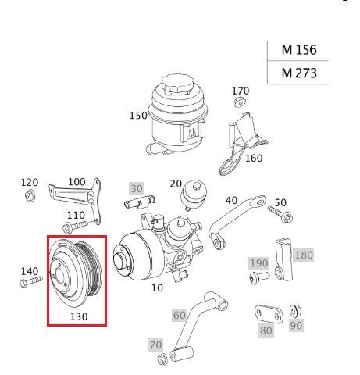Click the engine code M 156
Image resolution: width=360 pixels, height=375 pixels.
pos(299,49)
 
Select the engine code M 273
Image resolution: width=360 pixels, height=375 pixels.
pos(299,73)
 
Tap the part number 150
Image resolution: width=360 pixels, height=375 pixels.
pos(138,116)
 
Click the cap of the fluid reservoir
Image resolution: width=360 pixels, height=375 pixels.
pos(176,84)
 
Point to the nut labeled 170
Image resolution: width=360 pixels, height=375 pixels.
pos(240,102)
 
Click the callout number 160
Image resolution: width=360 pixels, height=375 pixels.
pos(254,158)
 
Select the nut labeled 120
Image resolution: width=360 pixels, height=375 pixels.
pos(30,195)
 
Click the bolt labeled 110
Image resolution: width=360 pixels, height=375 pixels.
pos(75,227)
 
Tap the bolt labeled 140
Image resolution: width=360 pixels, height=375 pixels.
pos(31,282)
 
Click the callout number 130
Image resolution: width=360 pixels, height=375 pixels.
pos(79,316)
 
